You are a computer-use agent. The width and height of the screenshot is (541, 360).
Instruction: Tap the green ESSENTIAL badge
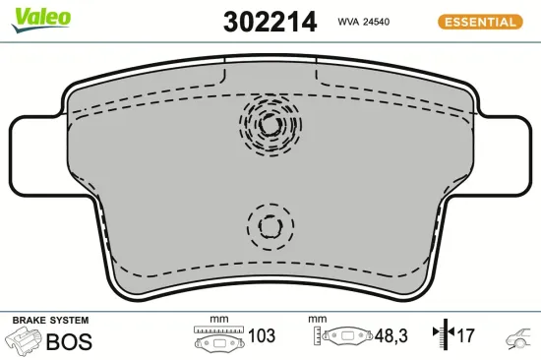pyautogui.click(x=479, y=21)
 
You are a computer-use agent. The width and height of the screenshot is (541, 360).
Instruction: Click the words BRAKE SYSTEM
pyautogui.click(x=50, y=321)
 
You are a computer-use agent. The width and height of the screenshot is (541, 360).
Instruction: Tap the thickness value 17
pyautogui.click(x=466, y=336)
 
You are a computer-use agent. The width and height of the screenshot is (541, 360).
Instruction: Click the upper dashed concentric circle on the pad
pyautogui.click(x=269, y=125)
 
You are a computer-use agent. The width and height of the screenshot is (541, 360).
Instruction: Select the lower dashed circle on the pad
pyautogui.click(x=269, y=225)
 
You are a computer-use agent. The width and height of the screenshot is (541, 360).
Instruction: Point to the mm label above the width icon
pyautogui.click(x=218, y=320)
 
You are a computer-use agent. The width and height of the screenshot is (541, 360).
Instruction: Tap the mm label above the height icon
pyautogui.click(x=317, y=320)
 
